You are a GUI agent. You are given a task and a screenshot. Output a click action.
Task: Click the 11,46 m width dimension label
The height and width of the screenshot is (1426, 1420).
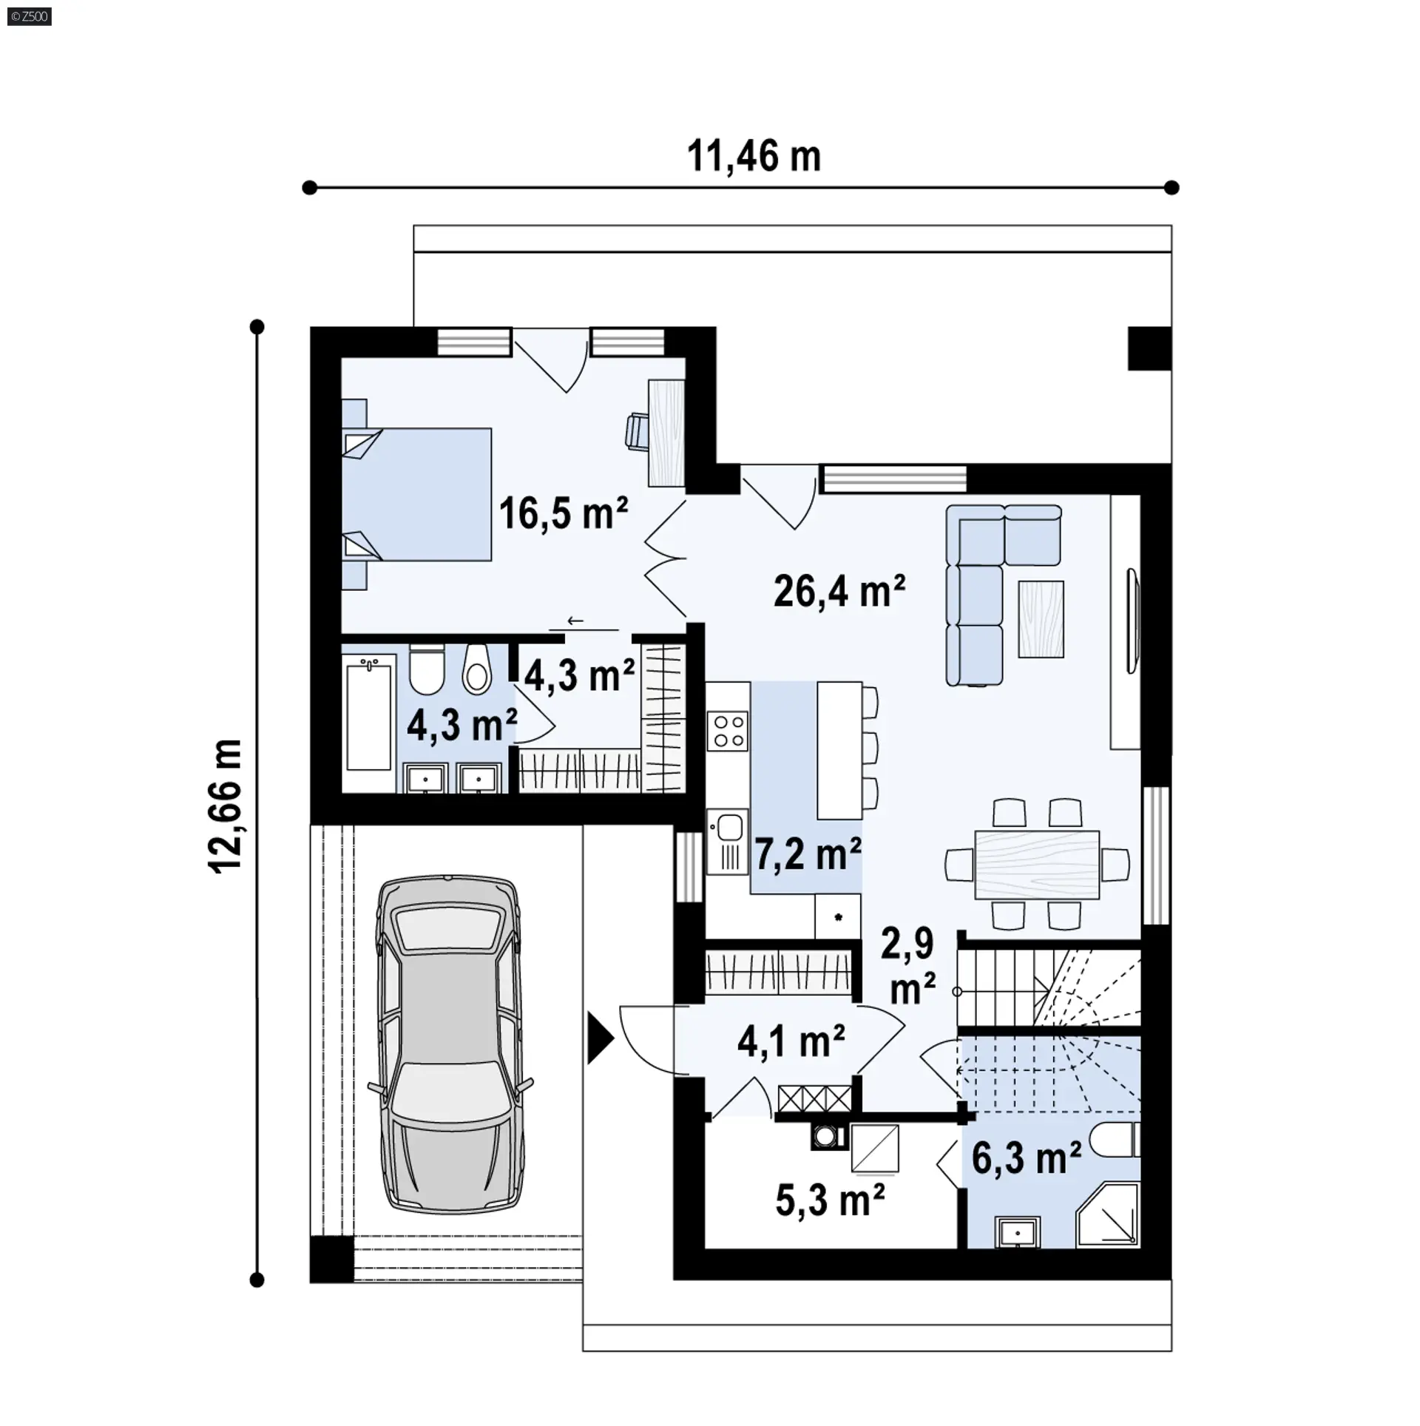(x=754, y=157)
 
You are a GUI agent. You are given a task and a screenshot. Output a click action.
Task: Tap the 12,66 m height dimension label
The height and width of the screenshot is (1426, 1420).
(x=227, y=807)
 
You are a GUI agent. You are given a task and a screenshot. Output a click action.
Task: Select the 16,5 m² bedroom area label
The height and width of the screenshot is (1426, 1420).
(x=564, y=513)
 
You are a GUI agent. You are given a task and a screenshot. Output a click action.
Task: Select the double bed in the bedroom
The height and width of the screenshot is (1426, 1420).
(x=416, y=494)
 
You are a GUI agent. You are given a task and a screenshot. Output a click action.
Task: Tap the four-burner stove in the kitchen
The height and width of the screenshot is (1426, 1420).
(x=728, y=731)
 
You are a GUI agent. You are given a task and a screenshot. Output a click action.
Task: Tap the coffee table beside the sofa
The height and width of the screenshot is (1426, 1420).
(x=1041, y=619)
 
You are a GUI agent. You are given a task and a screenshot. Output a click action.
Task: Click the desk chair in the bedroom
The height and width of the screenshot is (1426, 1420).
(x=637, y=431)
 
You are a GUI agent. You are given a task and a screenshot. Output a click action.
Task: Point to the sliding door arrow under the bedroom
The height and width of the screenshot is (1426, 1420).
(x=575, y=621)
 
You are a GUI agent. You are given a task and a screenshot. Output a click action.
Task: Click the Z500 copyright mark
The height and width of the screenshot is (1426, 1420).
(x=30, y=16)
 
